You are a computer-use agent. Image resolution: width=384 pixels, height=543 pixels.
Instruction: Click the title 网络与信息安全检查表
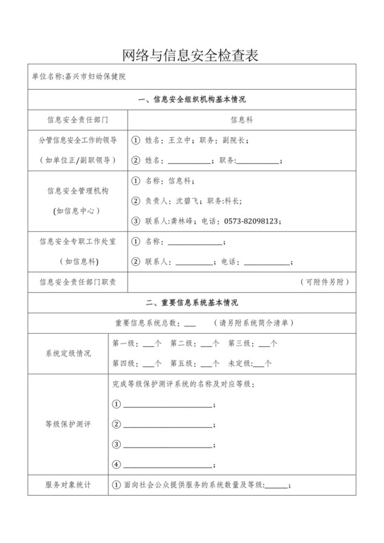191,55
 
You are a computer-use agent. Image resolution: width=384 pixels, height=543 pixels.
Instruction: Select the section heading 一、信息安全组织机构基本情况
191,100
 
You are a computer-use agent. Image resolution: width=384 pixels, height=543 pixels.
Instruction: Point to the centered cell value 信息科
241,119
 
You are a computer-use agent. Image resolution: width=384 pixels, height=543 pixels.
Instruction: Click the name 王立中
179,140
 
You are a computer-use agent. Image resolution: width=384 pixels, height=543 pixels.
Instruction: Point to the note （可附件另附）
327,282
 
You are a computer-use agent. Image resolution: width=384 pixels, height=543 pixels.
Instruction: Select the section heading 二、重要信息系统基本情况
191,302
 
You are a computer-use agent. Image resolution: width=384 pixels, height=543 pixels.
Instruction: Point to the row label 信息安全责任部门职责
77,282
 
